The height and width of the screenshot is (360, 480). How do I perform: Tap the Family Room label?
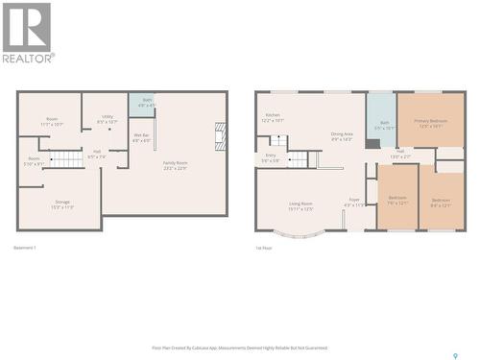tap(174, 166)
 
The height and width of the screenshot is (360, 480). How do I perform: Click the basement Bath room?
tap(147, 103)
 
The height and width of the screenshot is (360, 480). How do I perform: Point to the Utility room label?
tap(107, 120)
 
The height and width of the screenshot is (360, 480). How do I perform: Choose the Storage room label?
tap(62, 204)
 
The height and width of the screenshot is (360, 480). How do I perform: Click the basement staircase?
tap(65, 158)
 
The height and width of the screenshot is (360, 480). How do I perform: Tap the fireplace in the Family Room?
tap(221, 133)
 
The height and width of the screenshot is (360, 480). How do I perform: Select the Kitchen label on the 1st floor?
tap(273, 118)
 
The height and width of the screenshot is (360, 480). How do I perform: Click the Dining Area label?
tap(342, 137)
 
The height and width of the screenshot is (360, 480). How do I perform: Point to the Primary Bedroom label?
tap(431, 123)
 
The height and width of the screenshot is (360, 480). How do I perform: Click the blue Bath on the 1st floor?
tap(381, 120)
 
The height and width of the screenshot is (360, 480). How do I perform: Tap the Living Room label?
tap(301, 205)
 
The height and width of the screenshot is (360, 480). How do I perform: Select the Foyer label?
tap(354, 204)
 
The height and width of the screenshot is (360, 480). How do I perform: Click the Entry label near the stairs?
tap(271, 157)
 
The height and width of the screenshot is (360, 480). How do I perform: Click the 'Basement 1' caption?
tap(25, 248)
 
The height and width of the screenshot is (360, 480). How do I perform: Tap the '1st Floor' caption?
tap(265, 248)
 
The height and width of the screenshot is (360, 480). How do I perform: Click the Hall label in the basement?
tap(97, 154)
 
